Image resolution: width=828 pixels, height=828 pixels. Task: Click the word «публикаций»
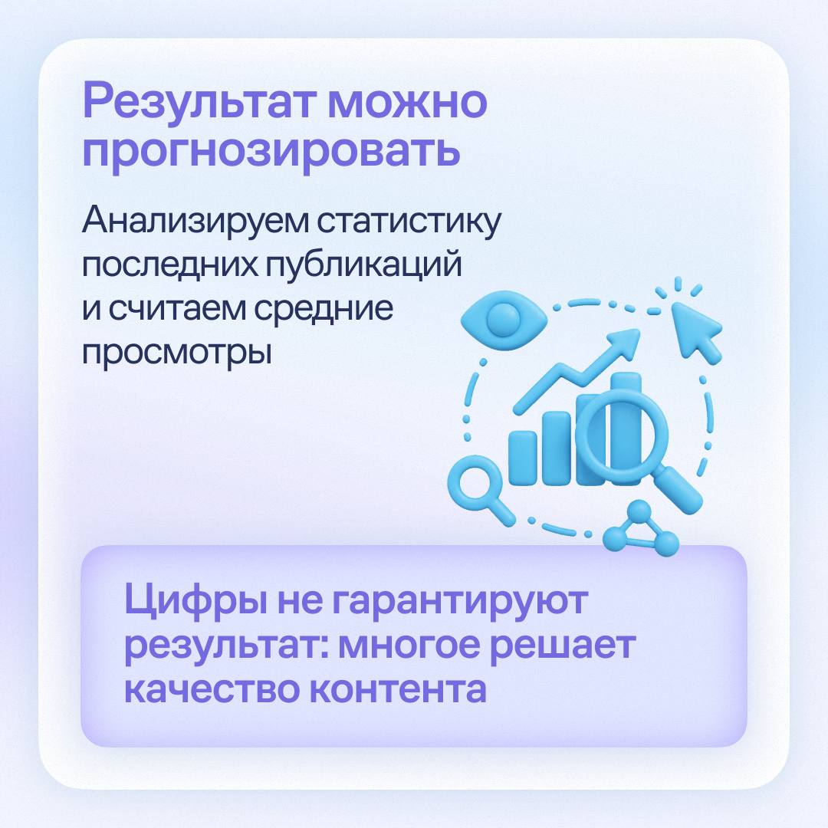[x=363, y=265]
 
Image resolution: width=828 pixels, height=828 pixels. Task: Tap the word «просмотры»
[x=177, y=353]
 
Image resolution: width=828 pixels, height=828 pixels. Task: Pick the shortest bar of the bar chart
[x=522, y=458]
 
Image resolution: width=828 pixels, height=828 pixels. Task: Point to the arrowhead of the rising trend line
[x=625, y=342]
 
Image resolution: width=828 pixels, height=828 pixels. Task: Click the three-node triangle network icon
[x=640, y=528]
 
